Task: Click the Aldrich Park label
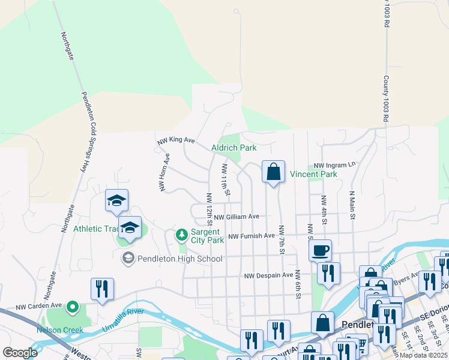click(234, 148)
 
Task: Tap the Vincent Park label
click(313, 174)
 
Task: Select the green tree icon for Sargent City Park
click(182, 235)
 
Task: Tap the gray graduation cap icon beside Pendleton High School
click(127, 259)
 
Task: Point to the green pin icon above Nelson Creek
click(73, 308)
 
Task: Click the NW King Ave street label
click(176, 140)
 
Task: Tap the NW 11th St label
click(226, 179)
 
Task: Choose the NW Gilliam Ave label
click(237, 217)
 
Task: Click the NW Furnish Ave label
click(251, 236)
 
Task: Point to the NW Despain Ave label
click(268, 276)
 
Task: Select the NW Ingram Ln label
click(334, 164)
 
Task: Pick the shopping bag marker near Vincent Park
click(273, 172)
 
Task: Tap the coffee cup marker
click(321, 250)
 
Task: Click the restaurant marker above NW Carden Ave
click(102, 289)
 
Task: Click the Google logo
click(20, 353)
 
